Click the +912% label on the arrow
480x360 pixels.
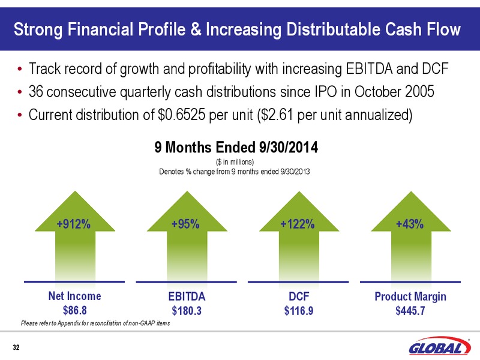74,224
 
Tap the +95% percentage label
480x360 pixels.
185,224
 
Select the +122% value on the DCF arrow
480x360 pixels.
298,224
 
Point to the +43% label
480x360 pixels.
410,224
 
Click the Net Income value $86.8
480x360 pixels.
74,311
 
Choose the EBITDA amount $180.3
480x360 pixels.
187,311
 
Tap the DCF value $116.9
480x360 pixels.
299,311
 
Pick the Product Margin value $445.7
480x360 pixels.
410,311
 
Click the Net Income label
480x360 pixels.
74,296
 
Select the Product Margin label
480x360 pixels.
410,296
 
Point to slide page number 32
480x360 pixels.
16,347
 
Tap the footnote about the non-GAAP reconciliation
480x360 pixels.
95,323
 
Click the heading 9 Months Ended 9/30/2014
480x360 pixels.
236,147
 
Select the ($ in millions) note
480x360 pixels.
235,161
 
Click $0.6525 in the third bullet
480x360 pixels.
181,115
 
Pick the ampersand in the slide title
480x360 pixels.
196,29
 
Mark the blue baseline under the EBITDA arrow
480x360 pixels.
187,282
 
